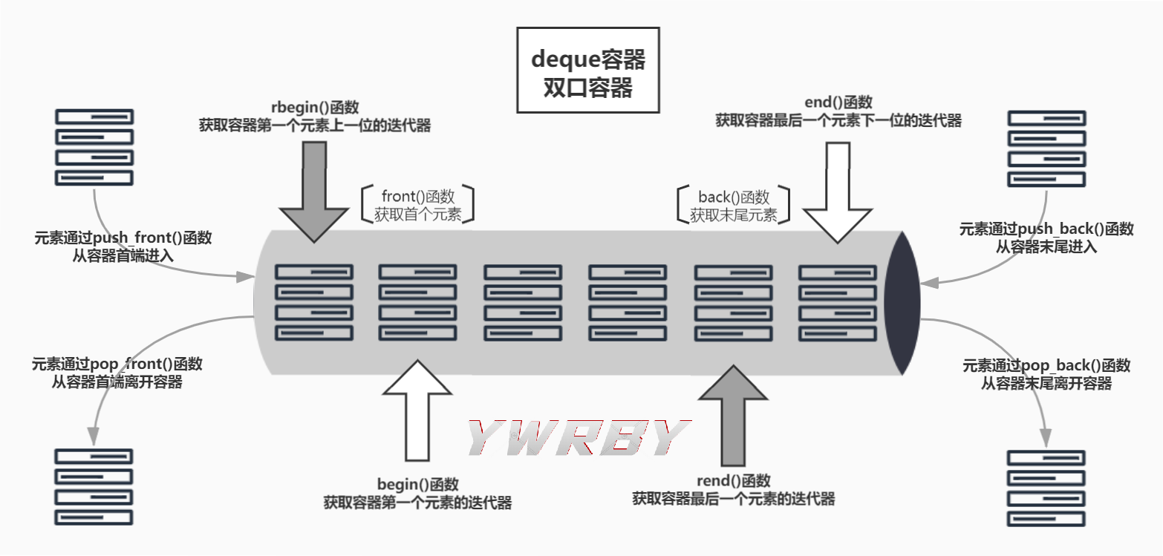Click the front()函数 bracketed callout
tap(417, 206)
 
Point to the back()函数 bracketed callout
tap(733, 206)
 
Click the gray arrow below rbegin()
tap(314, 191)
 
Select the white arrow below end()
tap(838, 192)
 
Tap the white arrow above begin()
tap(417, 411)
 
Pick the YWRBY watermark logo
tap(579, 438)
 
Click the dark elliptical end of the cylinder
tap(903, 303)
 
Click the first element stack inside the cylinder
tap(314, 303)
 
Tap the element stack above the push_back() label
tap(1046, 148)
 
